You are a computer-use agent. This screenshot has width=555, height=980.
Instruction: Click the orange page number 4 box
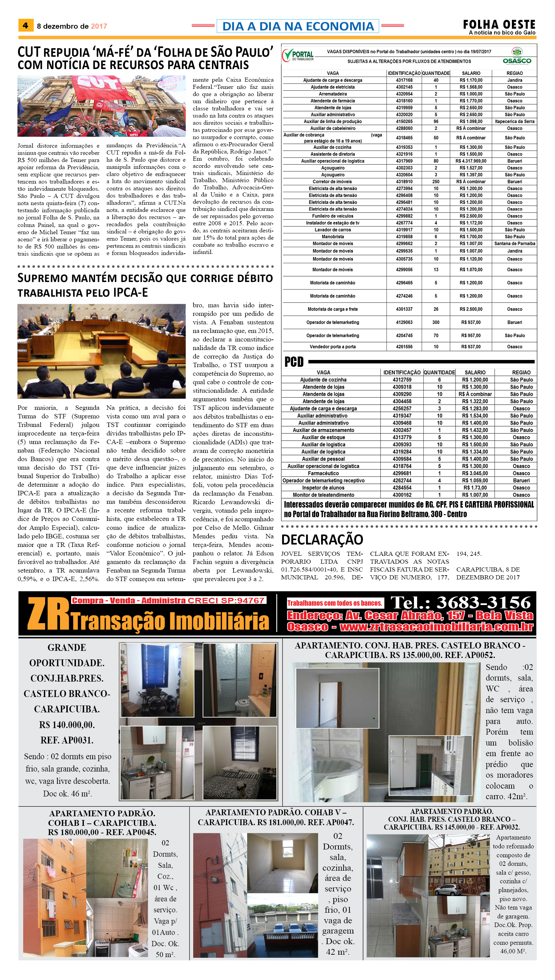point(26,26)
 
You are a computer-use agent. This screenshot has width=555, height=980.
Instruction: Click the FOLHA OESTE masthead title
point(499,24)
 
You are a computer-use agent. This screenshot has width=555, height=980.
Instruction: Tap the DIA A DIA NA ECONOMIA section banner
point(298,26)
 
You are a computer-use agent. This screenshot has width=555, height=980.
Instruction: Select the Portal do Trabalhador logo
point(298,55)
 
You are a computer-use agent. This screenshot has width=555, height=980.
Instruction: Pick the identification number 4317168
point(404,80)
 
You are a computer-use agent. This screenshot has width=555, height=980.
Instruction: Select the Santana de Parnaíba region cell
point(515,244)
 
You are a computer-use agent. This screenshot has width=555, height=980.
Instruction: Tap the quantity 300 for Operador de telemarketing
point(436,322)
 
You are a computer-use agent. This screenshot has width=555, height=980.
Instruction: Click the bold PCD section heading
point(294,362)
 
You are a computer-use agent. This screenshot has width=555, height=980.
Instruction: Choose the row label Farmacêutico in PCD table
point(323,473)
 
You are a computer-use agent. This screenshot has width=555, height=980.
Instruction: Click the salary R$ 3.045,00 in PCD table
point(475,473)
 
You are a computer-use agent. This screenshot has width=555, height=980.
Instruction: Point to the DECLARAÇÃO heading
point(322,539)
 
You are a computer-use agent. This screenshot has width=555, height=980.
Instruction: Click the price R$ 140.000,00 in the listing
point(67,725)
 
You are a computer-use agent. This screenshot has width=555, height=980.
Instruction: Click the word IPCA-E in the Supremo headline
point(131,293)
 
